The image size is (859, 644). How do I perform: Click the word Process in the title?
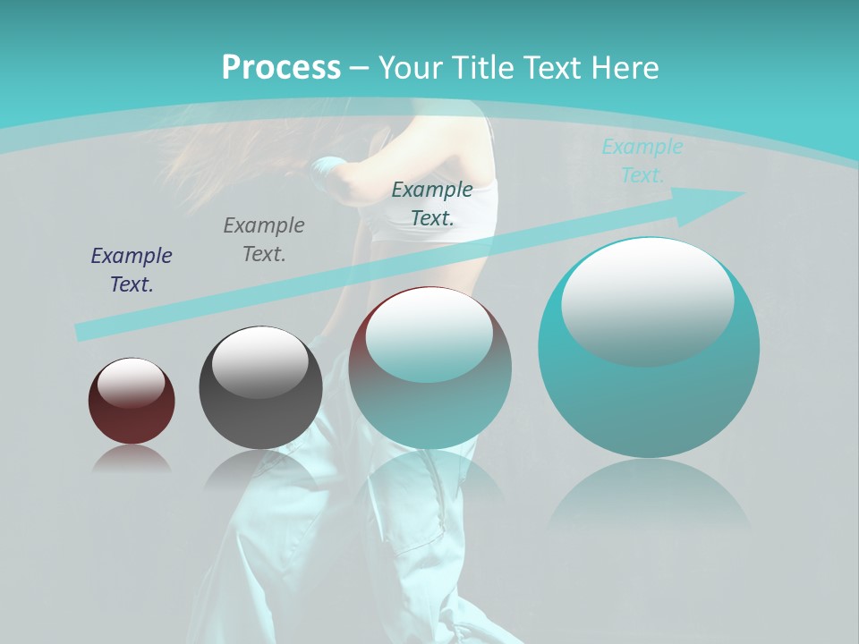point(281,68)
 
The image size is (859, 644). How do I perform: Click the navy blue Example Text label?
point(132,269)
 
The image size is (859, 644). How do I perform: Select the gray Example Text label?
point(264,239)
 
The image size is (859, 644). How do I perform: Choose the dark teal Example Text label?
point(432,203)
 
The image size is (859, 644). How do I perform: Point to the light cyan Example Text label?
point(642,160)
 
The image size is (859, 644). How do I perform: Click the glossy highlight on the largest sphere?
point(648,299)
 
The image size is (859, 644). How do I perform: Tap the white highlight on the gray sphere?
point(259,360)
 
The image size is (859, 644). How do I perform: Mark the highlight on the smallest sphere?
point(131,381)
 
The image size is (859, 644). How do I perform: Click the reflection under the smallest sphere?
point(132,460)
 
